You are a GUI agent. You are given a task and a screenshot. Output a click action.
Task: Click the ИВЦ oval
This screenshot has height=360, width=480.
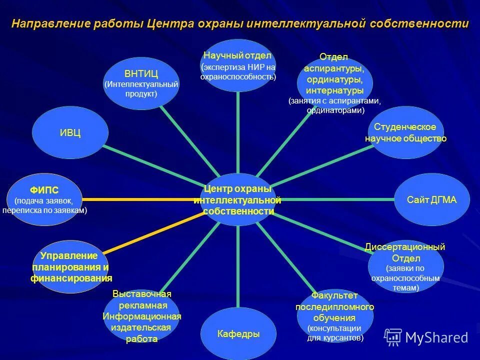(x=70, y=133)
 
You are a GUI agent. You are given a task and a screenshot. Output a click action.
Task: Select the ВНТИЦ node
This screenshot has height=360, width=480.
(x=141, y=83)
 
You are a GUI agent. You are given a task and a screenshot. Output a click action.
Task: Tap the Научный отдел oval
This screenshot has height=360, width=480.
(x=238, y=65)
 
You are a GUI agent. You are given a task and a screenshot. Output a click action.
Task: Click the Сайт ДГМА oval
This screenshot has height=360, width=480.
(x=432, y=199)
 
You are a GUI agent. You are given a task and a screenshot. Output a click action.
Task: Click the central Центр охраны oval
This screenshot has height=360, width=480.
(x=238, y=199)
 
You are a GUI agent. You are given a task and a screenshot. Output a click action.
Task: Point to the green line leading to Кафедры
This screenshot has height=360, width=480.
(x=238, y=265)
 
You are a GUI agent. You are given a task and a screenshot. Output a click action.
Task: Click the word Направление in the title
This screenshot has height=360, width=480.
(x=50, y=24)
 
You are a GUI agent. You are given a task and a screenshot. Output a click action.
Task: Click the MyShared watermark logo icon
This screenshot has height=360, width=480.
(x=393, y=337)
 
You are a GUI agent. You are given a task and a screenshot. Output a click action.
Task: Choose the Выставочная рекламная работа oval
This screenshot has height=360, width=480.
(x=141, y=316)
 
